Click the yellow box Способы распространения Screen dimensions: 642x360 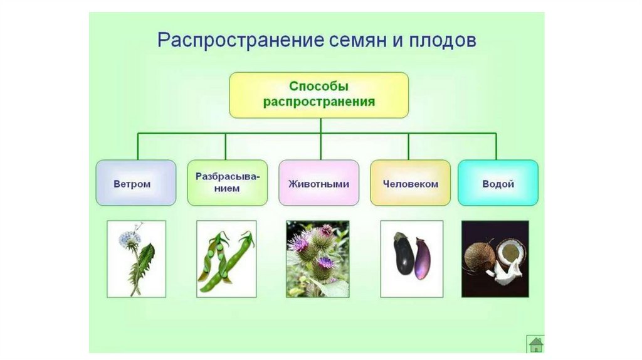click(318, 95)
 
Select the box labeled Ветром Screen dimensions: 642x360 click(136, 183)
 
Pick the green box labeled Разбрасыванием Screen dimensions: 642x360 click(227, 183)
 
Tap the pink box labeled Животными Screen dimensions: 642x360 click(318, 183)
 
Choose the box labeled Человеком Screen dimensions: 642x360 click(410, 183)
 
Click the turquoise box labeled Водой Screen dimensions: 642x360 click(498, 183)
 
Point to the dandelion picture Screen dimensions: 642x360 click(136, 258)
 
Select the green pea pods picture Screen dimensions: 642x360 click(226, 258)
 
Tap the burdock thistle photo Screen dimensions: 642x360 click(317, 258)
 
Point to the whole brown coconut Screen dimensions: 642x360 click(480, 257)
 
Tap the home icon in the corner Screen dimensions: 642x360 click(535, 344)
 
